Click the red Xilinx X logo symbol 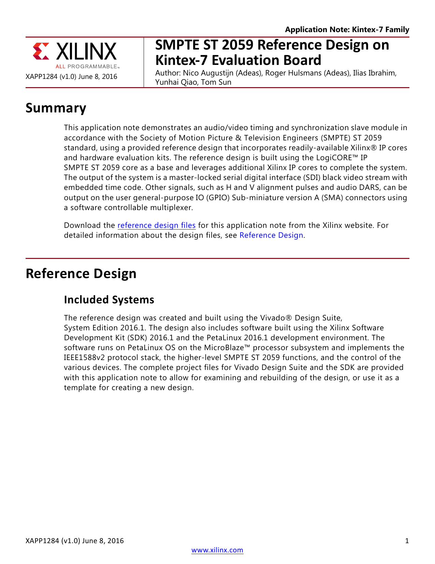(x=41, y=52)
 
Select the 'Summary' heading (x=56, y=108)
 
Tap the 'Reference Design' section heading (x=81, y=274)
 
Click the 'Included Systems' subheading (x=109, y=300)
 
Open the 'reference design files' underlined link (x=156, y=225)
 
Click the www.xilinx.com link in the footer (x=217, y=550)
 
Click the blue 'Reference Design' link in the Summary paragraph (x=271, y=235)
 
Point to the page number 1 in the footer (x=407, y=541)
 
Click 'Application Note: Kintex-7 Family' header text (x=347, y=30)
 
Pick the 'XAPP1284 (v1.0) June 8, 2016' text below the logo (x=71, y=77)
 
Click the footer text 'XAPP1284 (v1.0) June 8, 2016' (x=75, y=541)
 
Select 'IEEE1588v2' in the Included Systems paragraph (x=81, y=358)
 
